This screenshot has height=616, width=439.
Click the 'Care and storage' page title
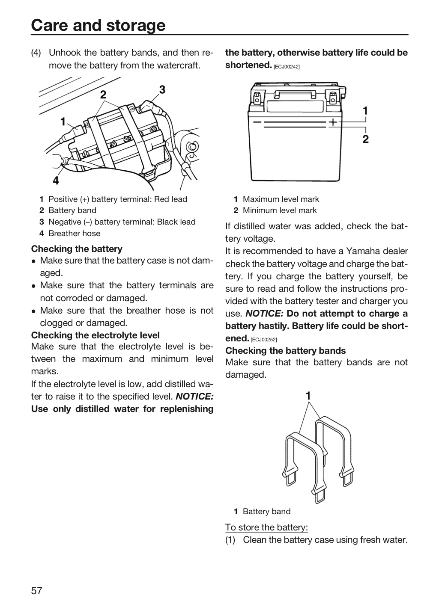(x=99, y=25)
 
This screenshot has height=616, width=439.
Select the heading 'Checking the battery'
(x=77, y=249)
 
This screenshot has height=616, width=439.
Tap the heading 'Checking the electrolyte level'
(x=95, y=335)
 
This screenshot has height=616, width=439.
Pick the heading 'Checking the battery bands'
(x=285, y=351)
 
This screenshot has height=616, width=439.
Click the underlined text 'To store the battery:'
(x=266, y=527)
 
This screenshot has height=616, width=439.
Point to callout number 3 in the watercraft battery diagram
(x=162, y=90)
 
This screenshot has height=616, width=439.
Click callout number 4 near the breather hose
(x=56, y=181)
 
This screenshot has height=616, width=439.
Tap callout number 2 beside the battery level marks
(x=365, y=139)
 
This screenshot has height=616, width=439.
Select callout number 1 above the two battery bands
(x=308, y=396)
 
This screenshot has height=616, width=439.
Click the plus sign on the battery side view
(x=333, y=122)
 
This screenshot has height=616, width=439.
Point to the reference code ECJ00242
(x=287, y=67)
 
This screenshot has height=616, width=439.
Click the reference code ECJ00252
(x=263, y=340)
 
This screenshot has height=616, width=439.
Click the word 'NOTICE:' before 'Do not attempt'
(x=264, y=314)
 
